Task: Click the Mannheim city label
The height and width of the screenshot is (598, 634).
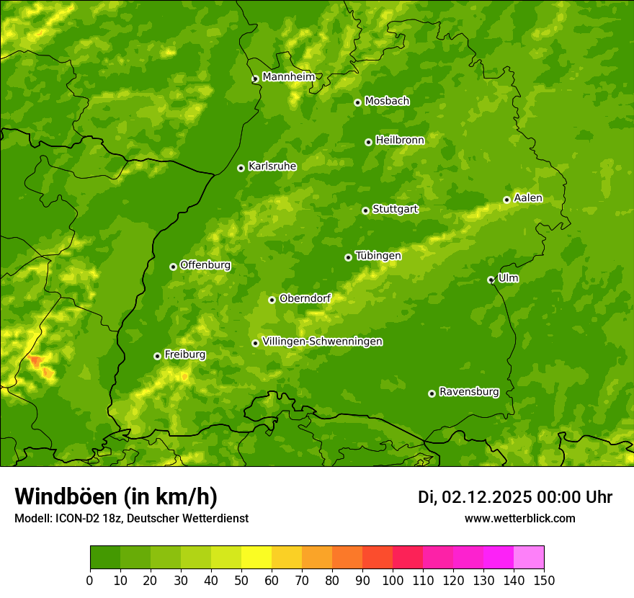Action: coord(288,77)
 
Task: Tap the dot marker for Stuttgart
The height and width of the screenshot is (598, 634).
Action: coord(366,210)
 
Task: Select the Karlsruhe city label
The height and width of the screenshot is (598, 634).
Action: coord(272,166)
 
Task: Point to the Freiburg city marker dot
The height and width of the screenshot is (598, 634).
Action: coord(157,356)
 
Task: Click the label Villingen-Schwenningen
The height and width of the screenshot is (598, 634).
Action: coord(322,342)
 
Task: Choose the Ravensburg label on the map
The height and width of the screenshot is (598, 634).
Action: coord(469,392)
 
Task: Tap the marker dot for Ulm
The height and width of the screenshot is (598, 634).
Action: coord(491,280)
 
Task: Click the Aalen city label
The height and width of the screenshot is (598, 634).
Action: coord(528,198)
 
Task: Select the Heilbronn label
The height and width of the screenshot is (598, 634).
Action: coord(400,140)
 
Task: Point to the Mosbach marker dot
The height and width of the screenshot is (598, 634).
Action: coord(357,102)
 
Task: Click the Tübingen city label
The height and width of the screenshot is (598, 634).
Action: coord(378,256)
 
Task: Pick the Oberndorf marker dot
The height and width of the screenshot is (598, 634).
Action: coord(272,300)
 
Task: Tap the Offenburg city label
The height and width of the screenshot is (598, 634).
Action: coord(205,265)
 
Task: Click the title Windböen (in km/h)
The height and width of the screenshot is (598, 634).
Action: coord(115,497)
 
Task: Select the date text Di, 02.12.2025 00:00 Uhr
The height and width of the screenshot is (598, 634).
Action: coord(515,497)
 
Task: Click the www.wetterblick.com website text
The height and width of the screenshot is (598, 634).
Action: coord(519,519)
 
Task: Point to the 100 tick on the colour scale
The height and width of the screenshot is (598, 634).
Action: coord(393,580)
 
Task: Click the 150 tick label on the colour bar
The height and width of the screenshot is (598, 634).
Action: coord(544,580)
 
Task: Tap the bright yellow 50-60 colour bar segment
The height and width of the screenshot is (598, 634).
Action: coord(256,558)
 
